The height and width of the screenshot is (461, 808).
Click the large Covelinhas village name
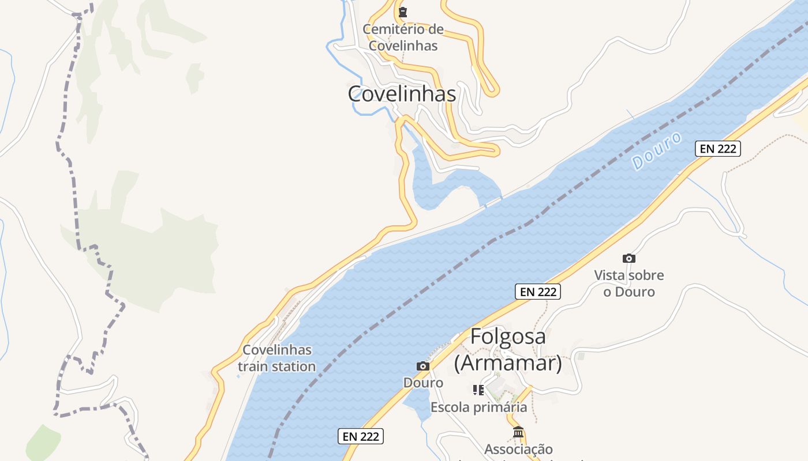pos(402,94)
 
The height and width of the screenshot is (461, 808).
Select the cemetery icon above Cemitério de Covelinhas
pos(403,12)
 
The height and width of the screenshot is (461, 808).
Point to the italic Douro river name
pos(656,151)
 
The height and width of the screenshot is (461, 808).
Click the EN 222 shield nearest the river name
pos(717,149)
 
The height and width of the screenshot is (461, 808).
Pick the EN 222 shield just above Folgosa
pos(538,292)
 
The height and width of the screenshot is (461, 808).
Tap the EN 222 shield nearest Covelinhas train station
pos(361,436)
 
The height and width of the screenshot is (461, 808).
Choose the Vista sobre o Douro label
pos(629,284)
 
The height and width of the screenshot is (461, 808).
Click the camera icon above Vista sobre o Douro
pos(629,258)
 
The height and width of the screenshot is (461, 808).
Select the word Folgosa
pos(508,337)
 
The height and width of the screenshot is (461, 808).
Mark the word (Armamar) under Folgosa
pos(508,364)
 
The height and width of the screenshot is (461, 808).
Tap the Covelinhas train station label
pos(277,358)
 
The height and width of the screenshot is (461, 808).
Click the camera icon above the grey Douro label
pos(423,366)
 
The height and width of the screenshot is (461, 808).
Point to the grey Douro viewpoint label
pos(423,383)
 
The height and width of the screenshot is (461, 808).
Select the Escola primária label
pos(478,407)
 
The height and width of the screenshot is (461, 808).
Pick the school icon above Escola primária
pos(478,390)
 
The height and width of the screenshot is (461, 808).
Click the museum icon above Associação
pos(518,432)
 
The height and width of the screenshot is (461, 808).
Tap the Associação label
pos(518,449)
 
